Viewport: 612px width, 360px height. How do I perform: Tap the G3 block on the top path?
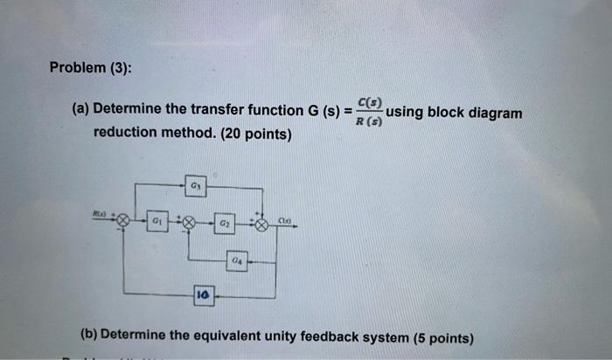(195, 186)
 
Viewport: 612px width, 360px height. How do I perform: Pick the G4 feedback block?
(238, 260)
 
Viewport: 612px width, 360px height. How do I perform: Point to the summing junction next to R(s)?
(125, 223)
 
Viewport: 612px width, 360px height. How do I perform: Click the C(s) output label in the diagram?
(285, 220)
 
